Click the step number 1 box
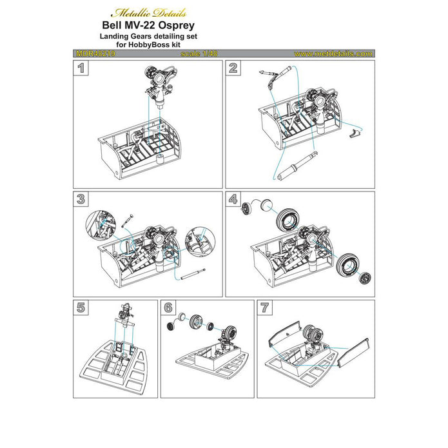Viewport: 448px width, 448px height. click(x=81, y=68)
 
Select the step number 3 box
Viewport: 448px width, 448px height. click(x=81, y=199)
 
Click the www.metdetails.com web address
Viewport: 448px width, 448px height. click(x=333, y=54)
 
